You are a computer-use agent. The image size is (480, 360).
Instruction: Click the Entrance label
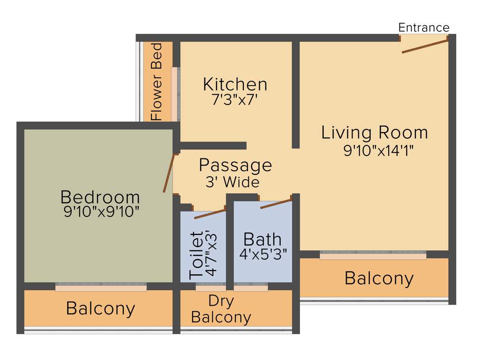[424, 28]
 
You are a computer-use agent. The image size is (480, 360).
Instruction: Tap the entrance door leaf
[425, 46]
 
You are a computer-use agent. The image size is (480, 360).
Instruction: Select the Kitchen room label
[235, 84]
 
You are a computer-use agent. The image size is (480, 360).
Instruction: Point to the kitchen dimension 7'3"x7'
[235, 100]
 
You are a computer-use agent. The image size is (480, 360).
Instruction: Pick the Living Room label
[375, 133]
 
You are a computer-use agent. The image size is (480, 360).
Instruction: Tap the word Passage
[235, 165]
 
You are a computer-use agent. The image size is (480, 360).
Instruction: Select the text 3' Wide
[232, 182]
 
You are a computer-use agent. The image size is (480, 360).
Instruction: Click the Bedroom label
[100, 196]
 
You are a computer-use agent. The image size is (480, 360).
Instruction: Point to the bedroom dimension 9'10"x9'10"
[102, 211]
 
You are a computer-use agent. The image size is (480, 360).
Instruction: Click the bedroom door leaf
[169, 172]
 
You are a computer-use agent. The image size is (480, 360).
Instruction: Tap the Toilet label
[196, 255]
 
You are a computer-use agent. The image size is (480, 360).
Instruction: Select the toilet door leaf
[210, 214]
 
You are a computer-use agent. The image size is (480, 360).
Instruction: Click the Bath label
[262, 239]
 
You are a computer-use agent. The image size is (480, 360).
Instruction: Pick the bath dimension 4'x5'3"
[263, 254]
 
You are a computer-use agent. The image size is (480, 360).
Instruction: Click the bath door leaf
[276, 204]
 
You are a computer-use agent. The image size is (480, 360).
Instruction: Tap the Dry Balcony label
[221, 309]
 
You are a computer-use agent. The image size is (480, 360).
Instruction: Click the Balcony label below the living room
[379, 278]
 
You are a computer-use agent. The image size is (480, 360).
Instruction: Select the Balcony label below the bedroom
[100, 308]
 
